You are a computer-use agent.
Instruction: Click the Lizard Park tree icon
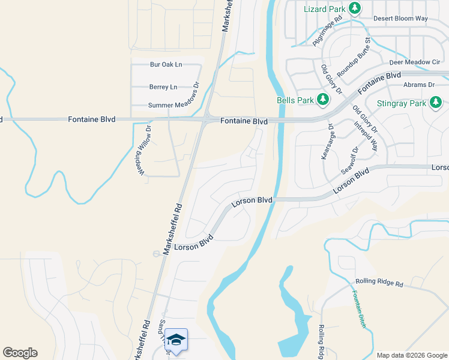pyautogui.click(x=355, y=8)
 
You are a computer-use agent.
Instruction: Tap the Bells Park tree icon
pyautogui.click(x=324, y=100)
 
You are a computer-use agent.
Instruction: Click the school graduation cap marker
pyautogui.click(x=176, y=340)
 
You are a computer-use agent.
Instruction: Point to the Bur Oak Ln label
pyautogui.click(x=166, y=64)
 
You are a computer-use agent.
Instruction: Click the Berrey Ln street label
pyautogui.click(x=163, y=87)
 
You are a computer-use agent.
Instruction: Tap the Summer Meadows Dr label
pyautogui.click(x=173, y=106)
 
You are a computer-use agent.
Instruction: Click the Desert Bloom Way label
pyautogui.click(x=400, y=19)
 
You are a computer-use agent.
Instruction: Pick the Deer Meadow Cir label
pyautogui.click(x=415, y=62)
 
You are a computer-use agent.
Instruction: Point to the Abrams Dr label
pyautogui.click(x=418, y=85)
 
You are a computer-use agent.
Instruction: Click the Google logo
pyautogui.click(x=20, y=353)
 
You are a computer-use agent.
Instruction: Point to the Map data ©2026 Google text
pyautogui.click(x=411, y=355)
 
